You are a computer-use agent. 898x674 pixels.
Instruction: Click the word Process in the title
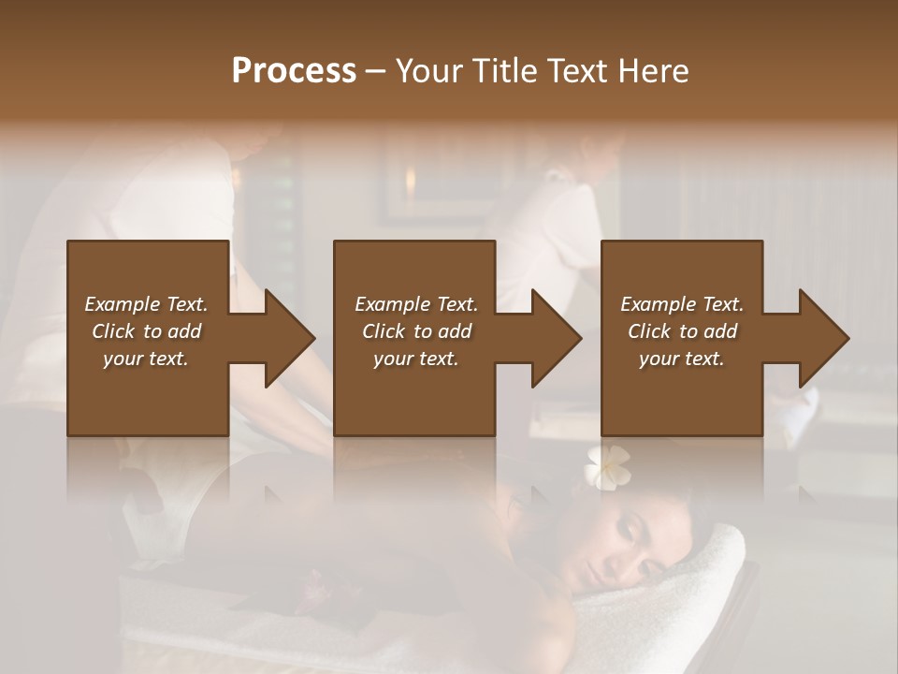(x=294, y=71)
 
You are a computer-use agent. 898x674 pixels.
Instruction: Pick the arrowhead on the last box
(x=819, y=338)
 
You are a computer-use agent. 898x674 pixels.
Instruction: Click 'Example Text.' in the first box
(x=146, y=304)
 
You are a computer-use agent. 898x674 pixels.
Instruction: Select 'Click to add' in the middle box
(x=416, y=331)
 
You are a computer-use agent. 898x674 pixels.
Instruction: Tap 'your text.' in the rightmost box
(x=681, y=359)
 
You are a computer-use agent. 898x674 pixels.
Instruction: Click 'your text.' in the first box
(x=146, y=359)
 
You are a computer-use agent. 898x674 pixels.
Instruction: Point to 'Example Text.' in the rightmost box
(x=682, y=304)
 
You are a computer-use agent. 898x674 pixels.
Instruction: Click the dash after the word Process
(x=376, y=72)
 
